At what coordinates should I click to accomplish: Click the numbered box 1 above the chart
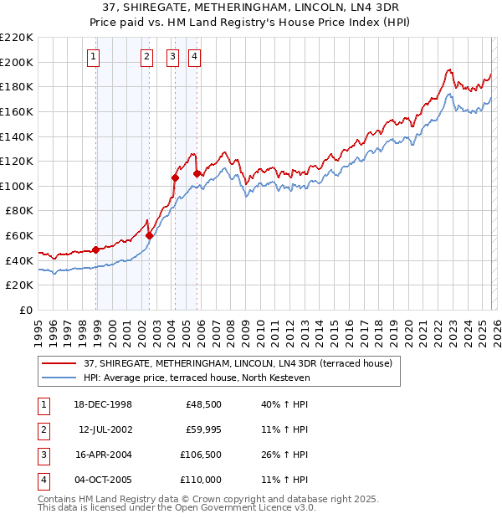[92, 57]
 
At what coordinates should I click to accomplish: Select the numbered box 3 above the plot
[172, 57]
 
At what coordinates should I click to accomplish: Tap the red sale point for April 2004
[176, 177]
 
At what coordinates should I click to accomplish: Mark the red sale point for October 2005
[197, 173]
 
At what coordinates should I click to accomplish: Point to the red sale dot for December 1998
[96, 249]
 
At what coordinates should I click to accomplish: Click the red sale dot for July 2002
[149, 235]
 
